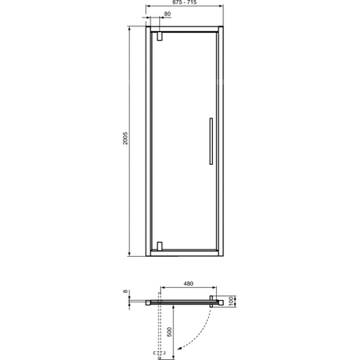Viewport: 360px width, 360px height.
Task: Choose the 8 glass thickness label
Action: tap(126, 294)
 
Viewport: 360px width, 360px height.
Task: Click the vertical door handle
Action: tap(209, 141)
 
